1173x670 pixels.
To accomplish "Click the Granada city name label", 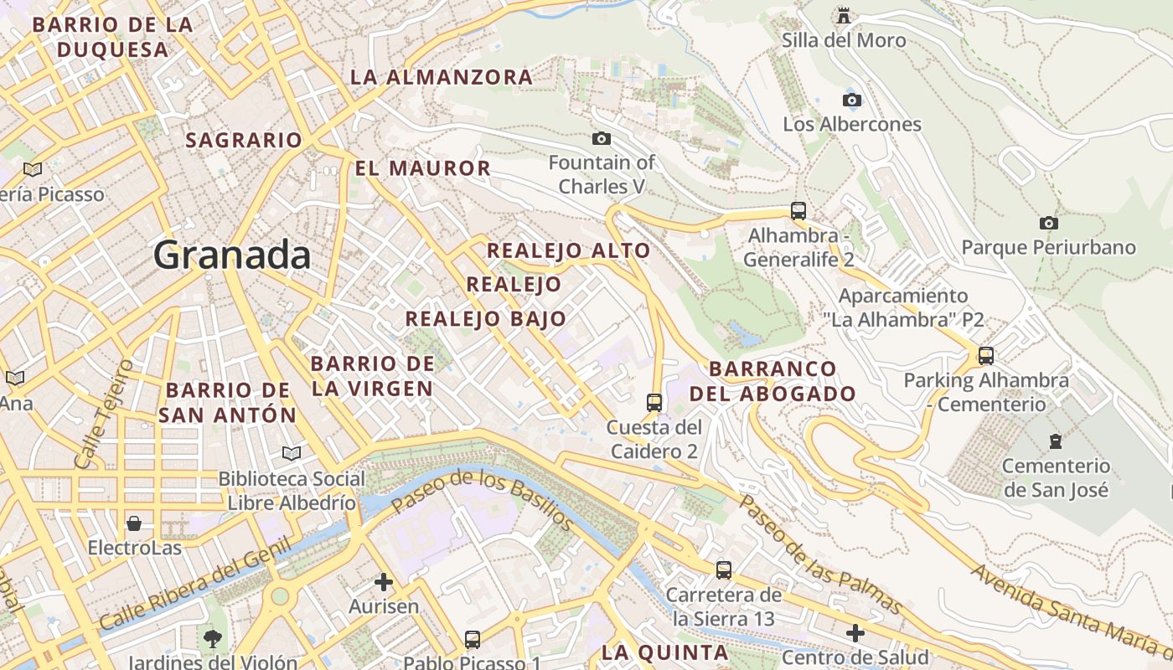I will (232, 255).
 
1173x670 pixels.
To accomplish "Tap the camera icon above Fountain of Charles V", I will (601, 138).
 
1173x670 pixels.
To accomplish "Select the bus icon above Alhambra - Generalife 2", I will (798, 210).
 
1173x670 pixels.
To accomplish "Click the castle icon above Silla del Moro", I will (844, 15).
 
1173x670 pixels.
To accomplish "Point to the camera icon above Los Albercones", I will (852, 100).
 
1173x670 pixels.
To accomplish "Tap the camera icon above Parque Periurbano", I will (1048, 223).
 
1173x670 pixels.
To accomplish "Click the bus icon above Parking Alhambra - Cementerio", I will (986, 355).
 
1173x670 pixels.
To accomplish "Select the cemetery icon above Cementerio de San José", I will (1056, 441).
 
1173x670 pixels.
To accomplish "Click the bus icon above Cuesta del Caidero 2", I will (654, 402).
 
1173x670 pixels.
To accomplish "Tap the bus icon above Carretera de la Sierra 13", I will (724, 570).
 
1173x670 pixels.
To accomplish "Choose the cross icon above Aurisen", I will (384, 581).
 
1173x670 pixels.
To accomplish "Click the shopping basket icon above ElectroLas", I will (134, 524).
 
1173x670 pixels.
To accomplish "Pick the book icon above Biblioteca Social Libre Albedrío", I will (291, 453).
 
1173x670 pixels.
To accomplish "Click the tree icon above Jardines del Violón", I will (213, 638).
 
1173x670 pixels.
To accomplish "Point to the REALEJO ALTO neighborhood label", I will (568, 250).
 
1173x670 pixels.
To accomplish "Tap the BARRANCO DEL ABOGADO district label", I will (772, 381).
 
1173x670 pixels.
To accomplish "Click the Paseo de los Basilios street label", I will (482, 499).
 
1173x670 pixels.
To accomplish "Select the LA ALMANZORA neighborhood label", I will (441, 77).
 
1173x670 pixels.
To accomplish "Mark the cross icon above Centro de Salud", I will (855, 632).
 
